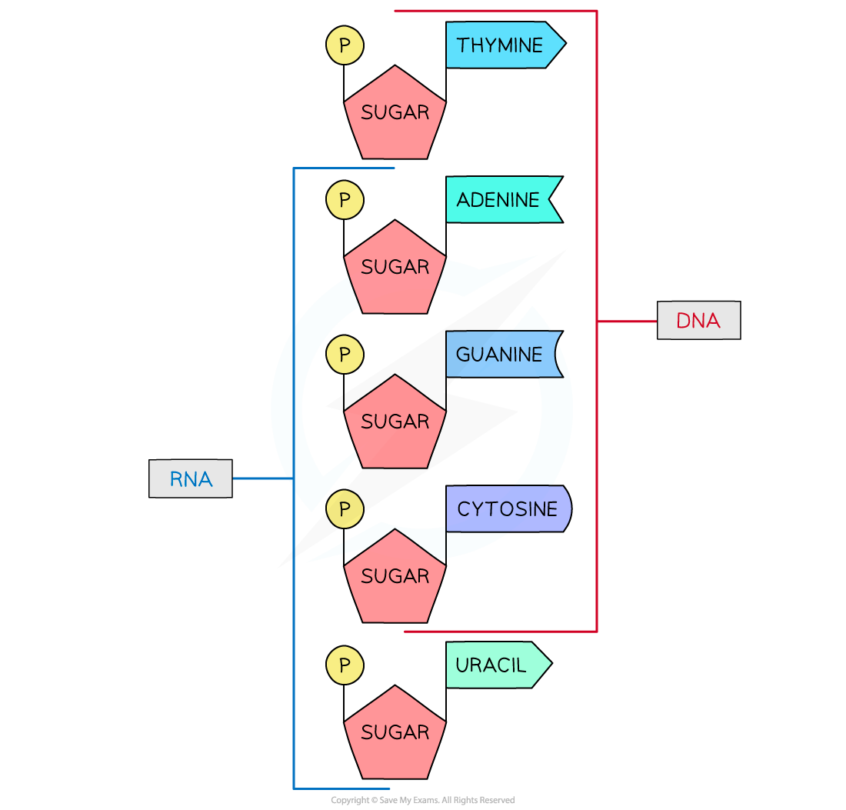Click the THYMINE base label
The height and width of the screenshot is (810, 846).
[x=500, y=45]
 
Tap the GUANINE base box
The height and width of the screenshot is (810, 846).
[x=500, y=355]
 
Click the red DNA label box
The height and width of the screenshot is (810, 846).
[x=698, y=321]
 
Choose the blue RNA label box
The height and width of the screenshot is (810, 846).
[x=191, y=478]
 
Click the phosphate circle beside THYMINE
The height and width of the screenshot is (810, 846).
[x=345, y=45]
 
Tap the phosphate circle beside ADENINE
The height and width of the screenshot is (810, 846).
[x=345, y=200]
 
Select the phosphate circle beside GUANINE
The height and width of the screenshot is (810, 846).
[x=345, y=355]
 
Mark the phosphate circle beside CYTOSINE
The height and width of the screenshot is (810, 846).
[x=345, y=509]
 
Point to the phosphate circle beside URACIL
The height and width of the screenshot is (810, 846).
[x=345, y=665]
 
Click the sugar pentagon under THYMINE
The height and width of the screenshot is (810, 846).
[x=395, y=115]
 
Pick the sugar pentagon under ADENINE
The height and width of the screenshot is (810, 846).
[x=395, y=270]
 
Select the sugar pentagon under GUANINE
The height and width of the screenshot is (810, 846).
[x=395, y=425]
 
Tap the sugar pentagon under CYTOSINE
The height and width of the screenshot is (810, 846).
[x=395, y=578]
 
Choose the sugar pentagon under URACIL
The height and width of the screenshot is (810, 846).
[x=395, y=735]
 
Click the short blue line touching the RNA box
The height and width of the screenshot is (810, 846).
[x=262, y=478]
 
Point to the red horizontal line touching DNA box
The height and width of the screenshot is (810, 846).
[x=627, y=321]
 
